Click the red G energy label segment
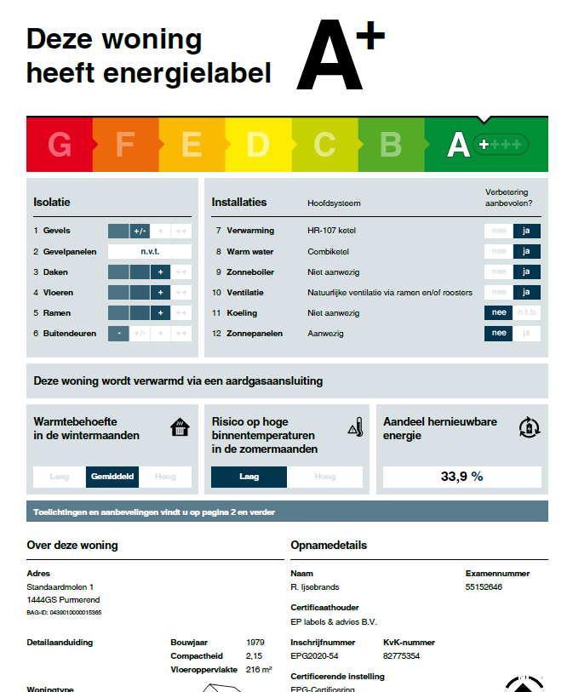59,145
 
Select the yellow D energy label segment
257,145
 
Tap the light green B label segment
390,145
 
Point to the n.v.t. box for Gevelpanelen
150,251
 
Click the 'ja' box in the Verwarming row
526,231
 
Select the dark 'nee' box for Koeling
498,312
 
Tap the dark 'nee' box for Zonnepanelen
498,333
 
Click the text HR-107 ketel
334,231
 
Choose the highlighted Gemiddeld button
112,477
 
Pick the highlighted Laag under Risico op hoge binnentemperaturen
249,477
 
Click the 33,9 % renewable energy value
461,477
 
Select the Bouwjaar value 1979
255,643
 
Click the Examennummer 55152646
484,587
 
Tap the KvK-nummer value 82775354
402,656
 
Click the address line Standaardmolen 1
60,587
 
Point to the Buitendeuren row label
69,333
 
